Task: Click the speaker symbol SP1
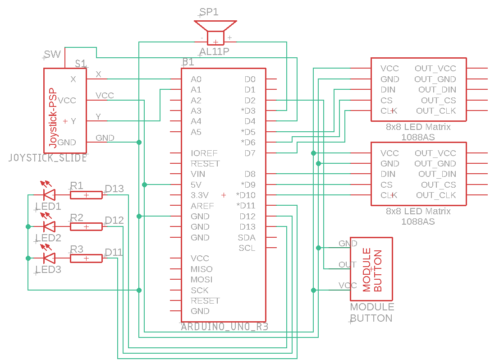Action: click(x=215, y=32)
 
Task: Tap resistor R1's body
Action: click(x=86, y=195)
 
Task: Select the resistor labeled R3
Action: click(x=86, y=258)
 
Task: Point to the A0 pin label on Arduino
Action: click(x=196, y=79)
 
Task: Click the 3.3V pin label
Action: click(x=200, y=195)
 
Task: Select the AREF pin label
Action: click(x=202, y=206)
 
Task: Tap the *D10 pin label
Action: click(x=246, y=195)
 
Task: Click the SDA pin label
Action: click(x=247, y=237)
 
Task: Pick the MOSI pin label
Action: click(x=201, y=280)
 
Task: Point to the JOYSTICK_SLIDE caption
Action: click(x=48, y=158)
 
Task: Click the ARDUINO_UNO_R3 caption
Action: click(x=224, y=327)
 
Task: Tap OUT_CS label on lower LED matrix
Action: click(x=438, y=185)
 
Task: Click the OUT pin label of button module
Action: click(x=348, y=265)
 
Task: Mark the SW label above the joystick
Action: click(x=53, y=55)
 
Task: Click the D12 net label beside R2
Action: click(x=114, y=221)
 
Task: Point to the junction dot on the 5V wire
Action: click(x=144, y=185)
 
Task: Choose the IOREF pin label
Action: click(x=204, y=153)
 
